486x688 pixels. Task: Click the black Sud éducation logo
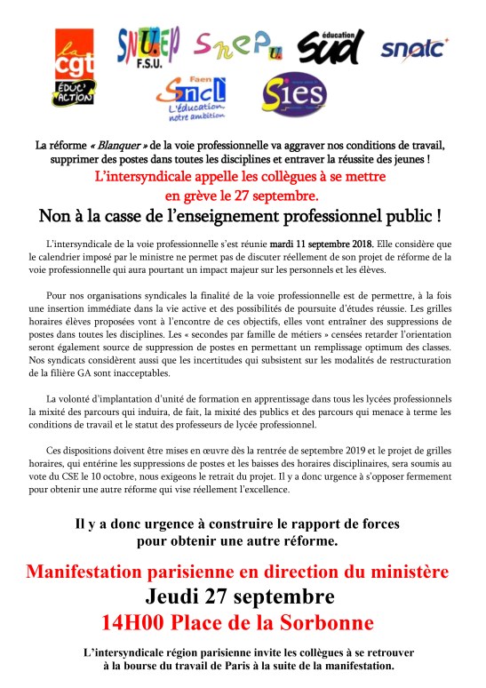[331, 46]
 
